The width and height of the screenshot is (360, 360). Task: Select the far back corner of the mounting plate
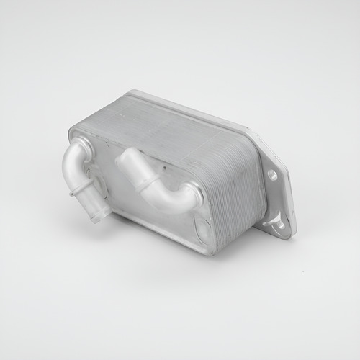coord(133,93)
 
